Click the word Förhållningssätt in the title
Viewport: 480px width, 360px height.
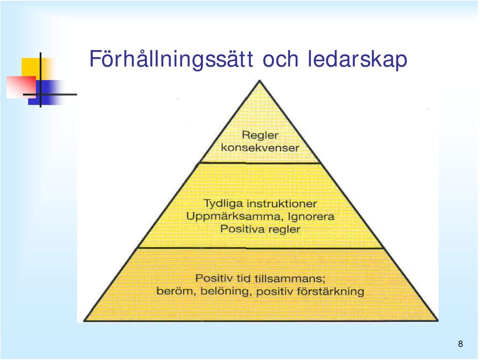(171, 59)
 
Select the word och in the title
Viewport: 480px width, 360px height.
(280, 59)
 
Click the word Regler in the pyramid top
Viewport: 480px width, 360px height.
(260, 135)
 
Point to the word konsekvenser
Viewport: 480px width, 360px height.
(260, 148)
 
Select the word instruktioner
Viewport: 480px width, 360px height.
(281, 203)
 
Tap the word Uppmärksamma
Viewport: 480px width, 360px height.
(233, 216)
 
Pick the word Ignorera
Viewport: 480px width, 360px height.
(311, 216)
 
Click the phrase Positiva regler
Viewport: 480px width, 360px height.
(260, 229)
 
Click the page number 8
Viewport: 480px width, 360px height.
(460, 344)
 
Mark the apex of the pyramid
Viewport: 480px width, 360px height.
(259, 80)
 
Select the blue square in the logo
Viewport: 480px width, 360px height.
(46, 92)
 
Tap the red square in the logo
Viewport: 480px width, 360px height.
(21, 87)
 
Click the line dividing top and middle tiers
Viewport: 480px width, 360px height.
(260, 163)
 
